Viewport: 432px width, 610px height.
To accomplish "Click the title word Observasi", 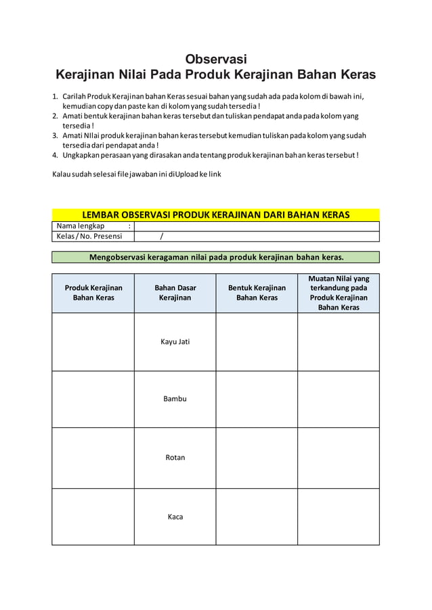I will pyautogui.click(x=216, y=58).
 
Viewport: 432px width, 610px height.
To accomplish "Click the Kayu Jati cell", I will pyautogui.click(x=175, y=342).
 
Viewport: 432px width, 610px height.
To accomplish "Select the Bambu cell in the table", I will pyautogui.click(x=175, y=399).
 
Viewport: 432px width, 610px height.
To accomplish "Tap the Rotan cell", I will pyautogui.click(x=175, y=458).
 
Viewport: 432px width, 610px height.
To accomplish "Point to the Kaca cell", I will pyautogui.click(x=175, y=517).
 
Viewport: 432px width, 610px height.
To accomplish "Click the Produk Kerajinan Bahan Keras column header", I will pyautogui.click(x=93, y=293).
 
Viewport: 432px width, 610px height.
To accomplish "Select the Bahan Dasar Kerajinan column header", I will pyautogui.click(x=175, y=293).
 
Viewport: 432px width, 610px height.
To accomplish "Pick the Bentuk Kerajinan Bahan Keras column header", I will pyautogui.click(x=257, y=293).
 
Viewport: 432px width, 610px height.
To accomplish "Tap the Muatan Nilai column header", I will pyautogui.click(x=339, y=293).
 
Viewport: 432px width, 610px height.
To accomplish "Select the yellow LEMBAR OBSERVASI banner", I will pyautogui.click(x=215, y=215).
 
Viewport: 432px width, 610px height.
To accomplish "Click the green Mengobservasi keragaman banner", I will pyautogui.click(x=215, y=257).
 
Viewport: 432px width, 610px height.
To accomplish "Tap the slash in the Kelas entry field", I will pyautogui.click(x=160, y=236).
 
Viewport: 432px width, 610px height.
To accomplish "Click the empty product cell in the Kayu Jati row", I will pyautogui.click(x=93, y=342).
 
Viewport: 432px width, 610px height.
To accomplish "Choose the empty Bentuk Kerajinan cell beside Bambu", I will pyautogui.click(x=257, y=399).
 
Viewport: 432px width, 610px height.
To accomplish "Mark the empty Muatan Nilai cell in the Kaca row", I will pyautogui.click(x=339, y=517).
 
